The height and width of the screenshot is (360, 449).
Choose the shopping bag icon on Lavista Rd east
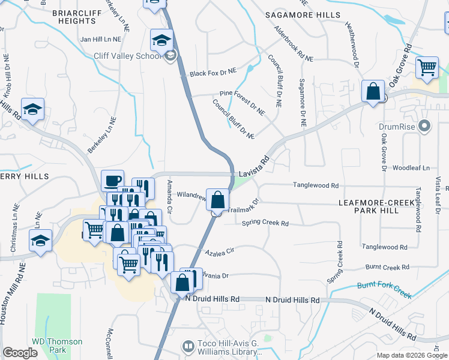pos(373,92)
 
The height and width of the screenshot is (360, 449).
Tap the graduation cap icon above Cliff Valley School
pos(160,40)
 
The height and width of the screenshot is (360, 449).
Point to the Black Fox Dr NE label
pos(213,73)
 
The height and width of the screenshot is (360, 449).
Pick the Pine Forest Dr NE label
pos(242,102)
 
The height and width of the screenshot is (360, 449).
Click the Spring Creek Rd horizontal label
pos(265,223)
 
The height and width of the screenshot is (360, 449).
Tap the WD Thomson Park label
pos(57,345)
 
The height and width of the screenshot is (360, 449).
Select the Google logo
pos(20,353)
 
